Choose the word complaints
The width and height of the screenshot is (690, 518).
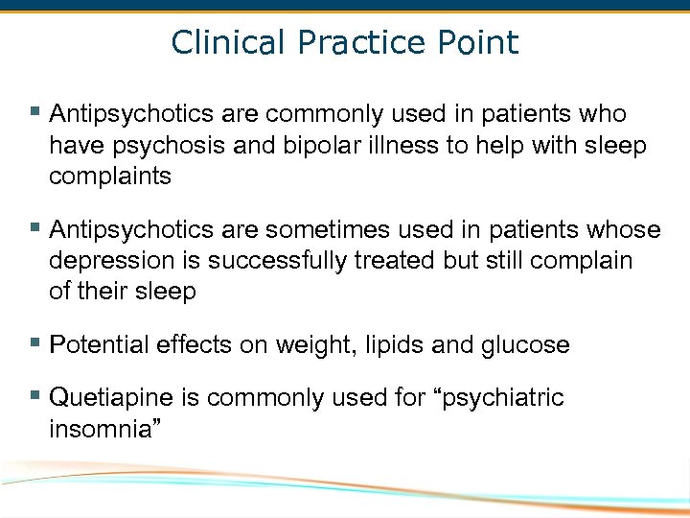click(x=110, y=177)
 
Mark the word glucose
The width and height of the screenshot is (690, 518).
click(x=526, y=345)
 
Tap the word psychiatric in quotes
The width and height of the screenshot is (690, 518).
click(x=502, y=398)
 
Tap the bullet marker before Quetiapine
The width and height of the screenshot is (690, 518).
click(x=35, y=395)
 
